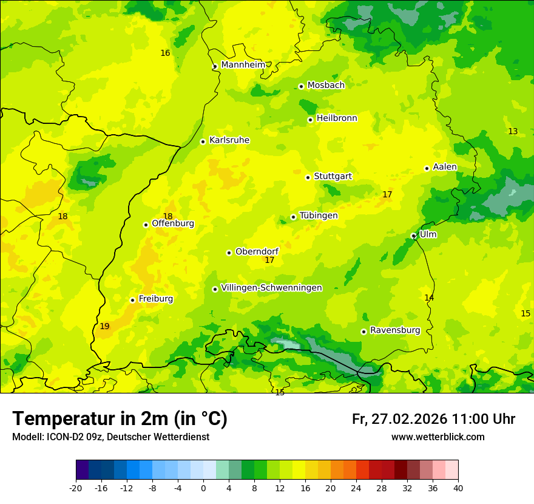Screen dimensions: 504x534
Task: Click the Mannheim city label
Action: [243, 65]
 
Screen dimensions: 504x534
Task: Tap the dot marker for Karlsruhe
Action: [203, 141]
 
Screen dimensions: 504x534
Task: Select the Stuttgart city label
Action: [333, 177]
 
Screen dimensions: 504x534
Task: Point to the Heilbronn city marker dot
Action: [310, 120]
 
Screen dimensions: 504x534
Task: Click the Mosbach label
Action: [325, 86]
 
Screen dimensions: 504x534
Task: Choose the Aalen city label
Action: [445, 167]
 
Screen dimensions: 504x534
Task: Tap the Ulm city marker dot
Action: [413, 236]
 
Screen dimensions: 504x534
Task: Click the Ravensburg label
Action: [394, 330]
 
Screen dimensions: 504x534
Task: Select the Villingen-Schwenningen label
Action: [271, 288]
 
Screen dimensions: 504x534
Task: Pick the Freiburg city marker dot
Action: [132, 300]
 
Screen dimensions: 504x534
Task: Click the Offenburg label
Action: [172, 223]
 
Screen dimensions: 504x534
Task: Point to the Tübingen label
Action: [318, 216]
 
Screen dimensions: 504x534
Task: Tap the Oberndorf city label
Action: [257, 251]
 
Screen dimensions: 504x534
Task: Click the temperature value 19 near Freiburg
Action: [104, 327]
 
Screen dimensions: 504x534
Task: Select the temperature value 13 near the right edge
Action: [513, 132]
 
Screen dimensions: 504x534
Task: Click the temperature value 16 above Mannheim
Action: [165, 53]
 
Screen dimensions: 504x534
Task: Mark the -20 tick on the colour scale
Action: [76, 488]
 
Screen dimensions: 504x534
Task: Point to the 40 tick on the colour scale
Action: [458, 488]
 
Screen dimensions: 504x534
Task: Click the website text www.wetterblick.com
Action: [438, 437]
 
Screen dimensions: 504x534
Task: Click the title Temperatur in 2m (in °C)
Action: [120, 419]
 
